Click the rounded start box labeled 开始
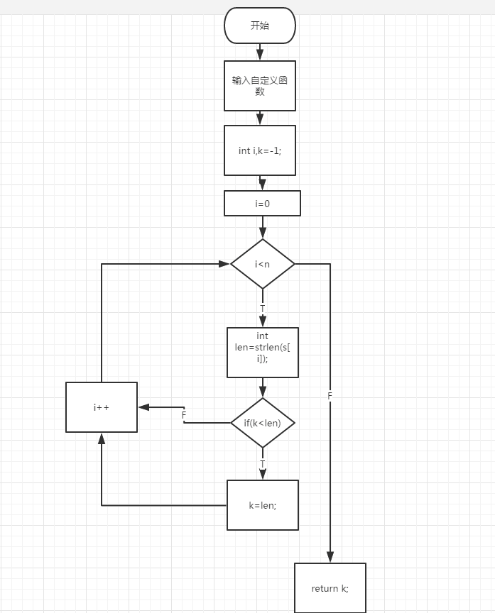[x=259, y=26]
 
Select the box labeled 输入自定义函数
[x=259, y=85]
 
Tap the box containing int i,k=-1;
[x=259, y=150]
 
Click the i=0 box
[x=262, y=203]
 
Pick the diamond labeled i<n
[x=262, y=264]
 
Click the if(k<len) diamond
[x=262, y=423]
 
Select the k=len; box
[x=262, y=505]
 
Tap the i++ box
[x=101, y=407]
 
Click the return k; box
[x=330, y=588]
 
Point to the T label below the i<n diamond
[x=262, y=309]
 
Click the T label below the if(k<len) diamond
[x=262, y=464]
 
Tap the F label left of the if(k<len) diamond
[x=183, y=414]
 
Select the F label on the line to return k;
[x=330, y=395]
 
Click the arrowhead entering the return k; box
[x=330, y=558]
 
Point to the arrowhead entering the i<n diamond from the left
[x=224, y=264]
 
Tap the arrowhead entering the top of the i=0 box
[x=262, y=186]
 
